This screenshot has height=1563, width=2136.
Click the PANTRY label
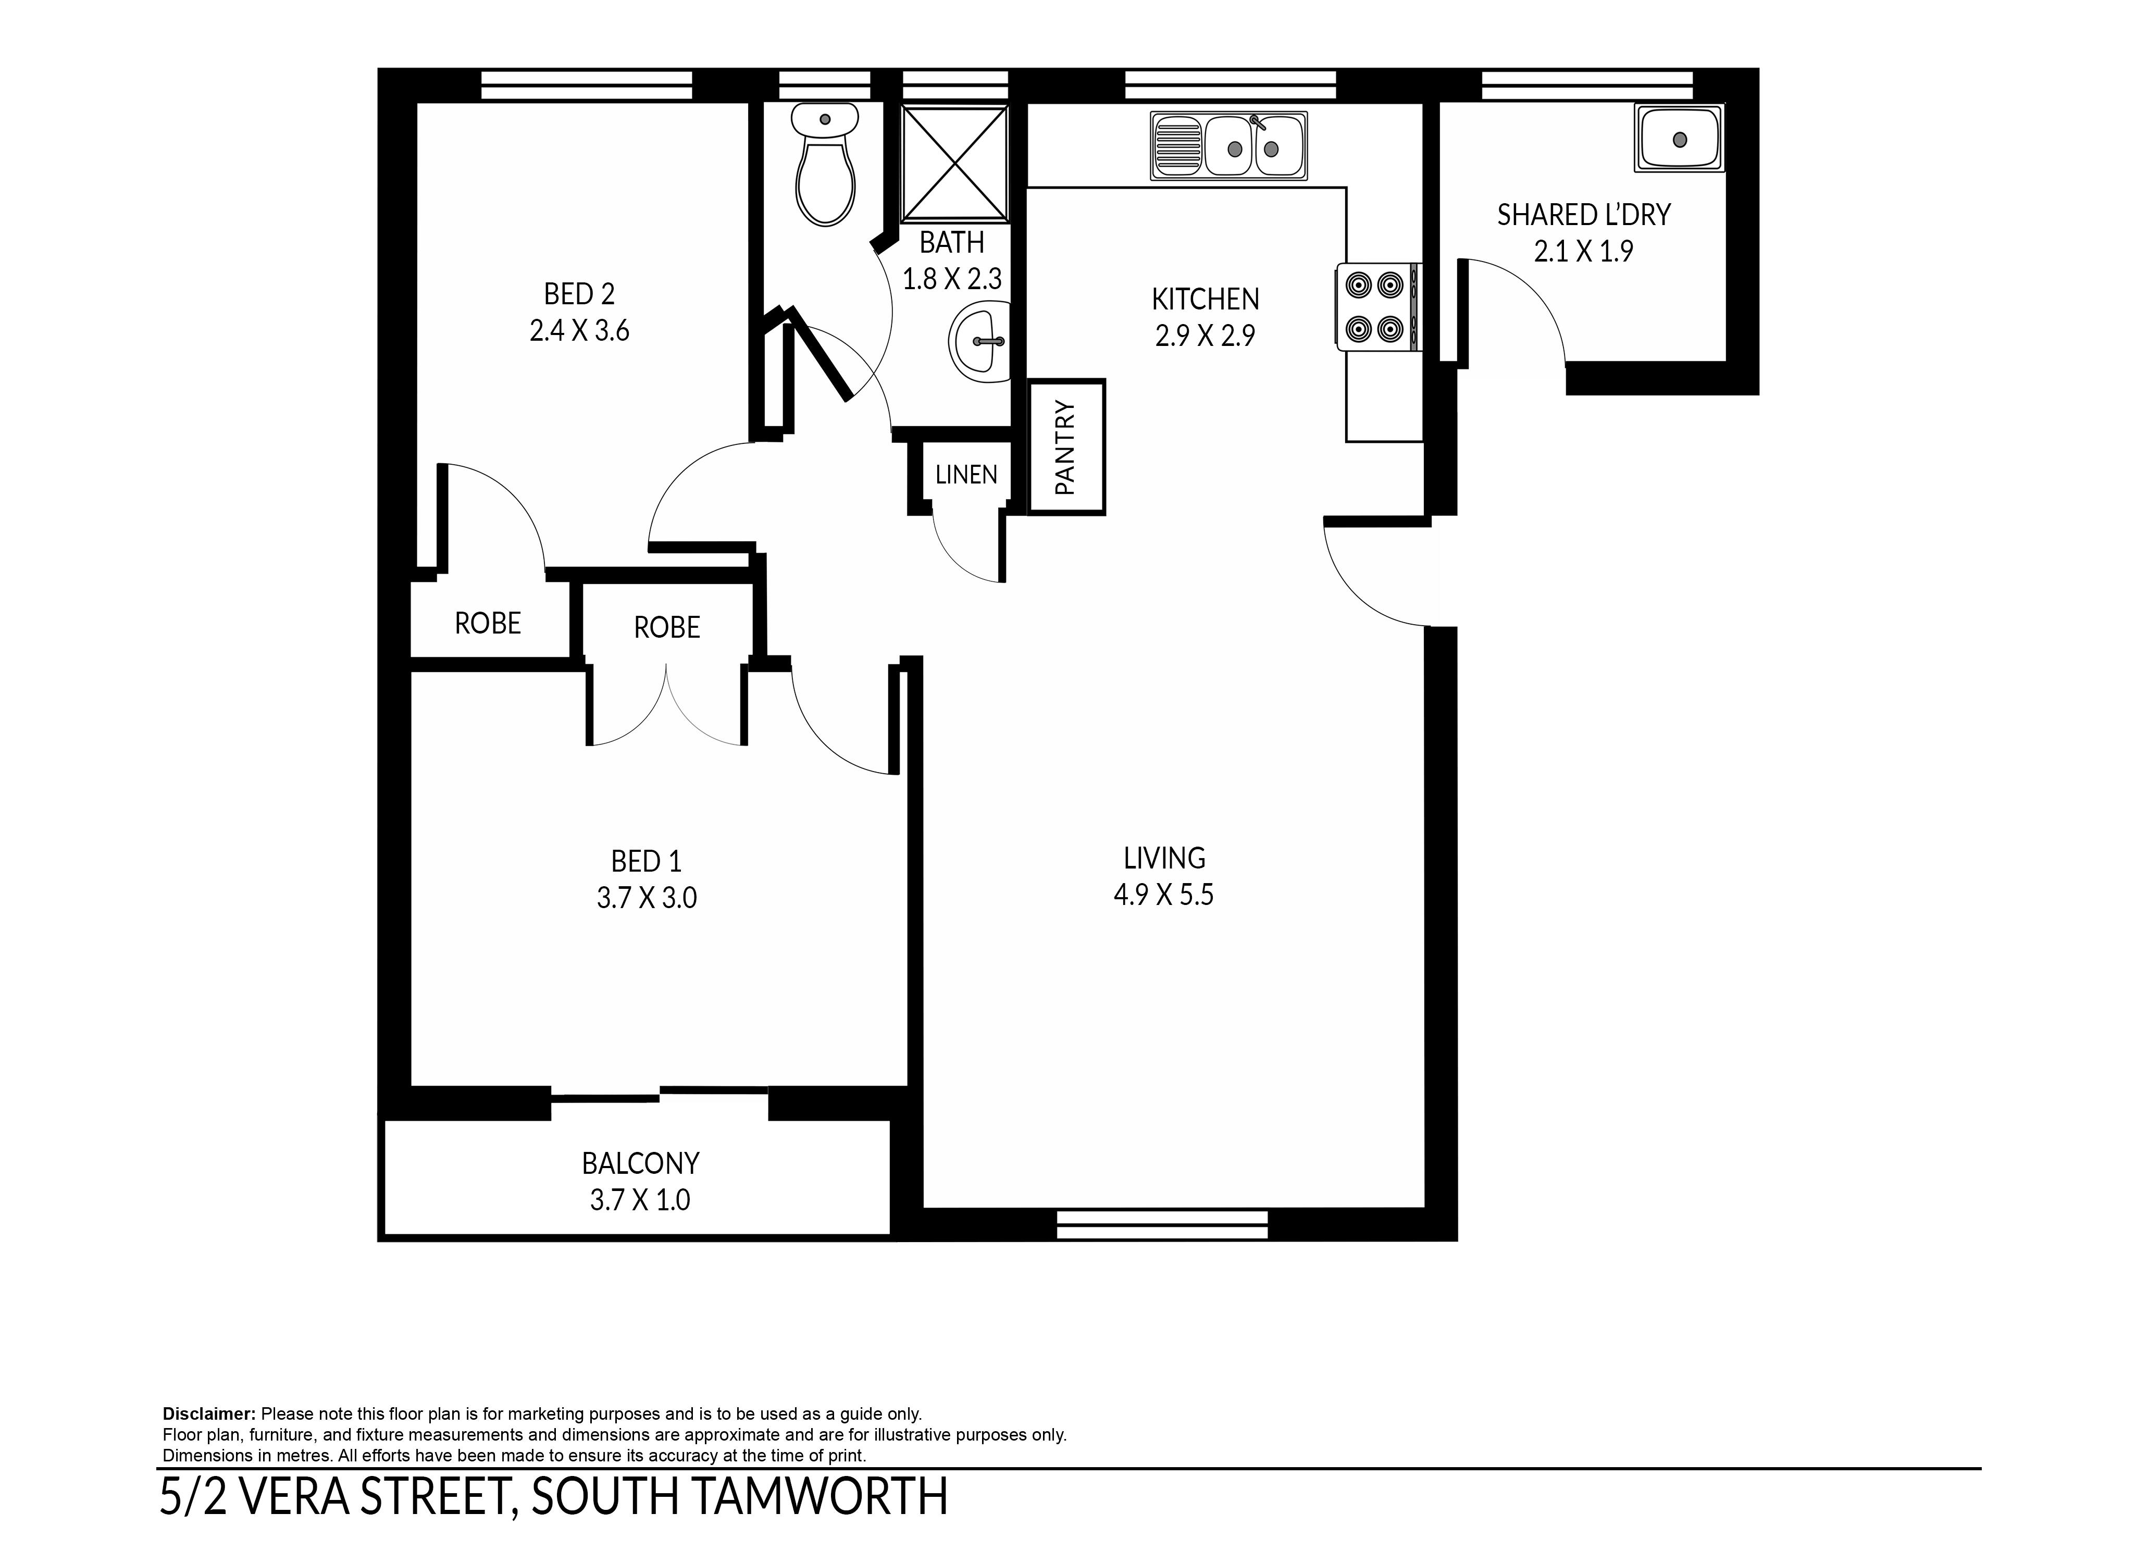1065,448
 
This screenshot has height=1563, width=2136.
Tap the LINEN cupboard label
966,475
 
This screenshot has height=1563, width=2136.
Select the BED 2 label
579,294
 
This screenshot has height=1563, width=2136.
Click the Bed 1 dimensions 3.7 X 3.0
646,897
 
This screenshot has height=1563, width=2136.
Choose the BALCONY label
640,1163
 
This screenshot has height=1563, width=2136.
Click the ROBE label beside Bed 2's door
488,624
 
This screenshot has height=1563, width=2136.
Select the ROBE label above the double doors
667,627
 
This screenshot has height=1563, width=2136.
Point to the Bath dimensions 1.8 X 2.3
952,279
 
